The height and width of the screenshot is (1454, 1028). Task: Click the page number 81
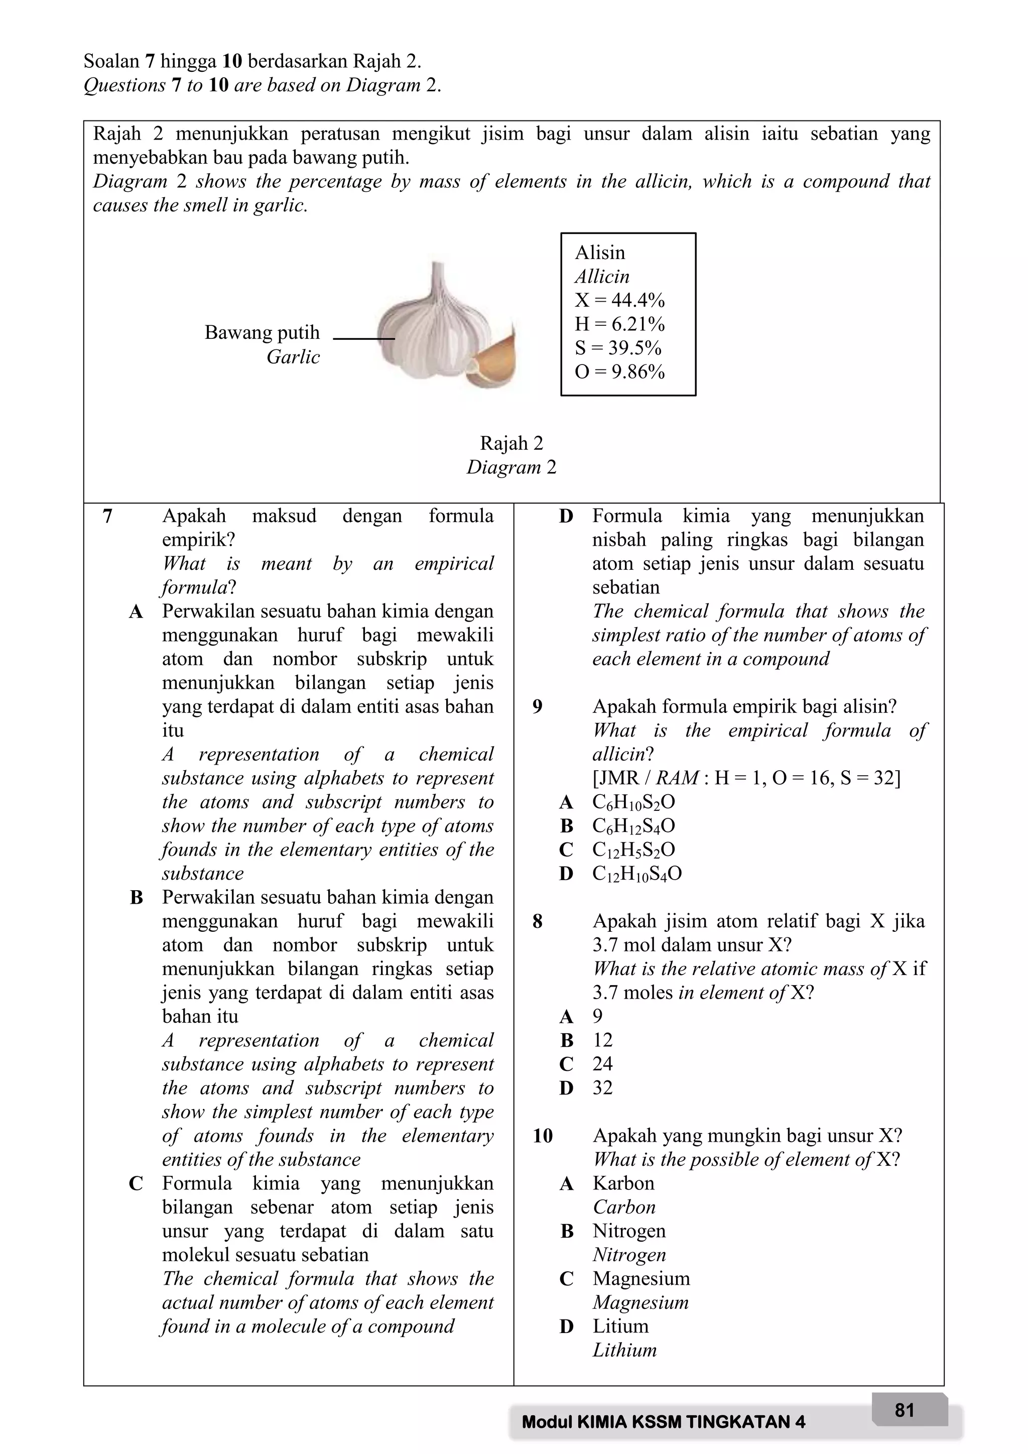pos(905,1410)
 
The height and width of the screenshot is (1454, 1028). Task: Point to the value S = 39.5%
pos(617,347)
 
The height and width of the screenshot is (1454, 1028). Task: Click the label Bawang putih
pos(262,332)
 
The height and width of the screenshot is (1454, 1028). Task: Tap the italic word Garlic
pos(293,356)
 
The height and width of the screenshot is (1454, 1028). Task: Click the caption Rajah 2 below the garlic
pos(511,443)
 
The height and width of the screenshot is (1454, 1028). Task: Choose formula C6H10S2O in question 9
pos(633,802)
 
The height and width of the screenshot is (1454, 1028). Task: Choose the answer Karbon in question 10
pos(623,1183)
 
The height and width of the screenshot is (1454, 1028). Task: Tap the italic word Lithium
pos(624,1350)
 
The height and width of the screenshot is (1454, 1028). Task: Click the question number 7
pos(107,516)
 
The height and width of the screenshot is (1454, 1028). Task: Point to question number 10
pos(543,1136)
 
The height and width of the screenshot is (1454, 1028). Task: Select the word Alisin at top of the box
pos(599,252)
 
